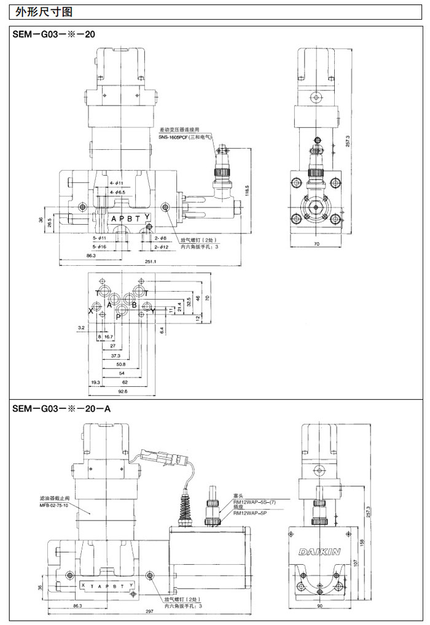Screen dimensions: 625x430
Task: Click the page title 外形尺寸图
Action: pos(40,12)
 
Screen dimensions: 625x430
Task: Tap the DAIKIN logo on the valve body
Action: pos(319,552)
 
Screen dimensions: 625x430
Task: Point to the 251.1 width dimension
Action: pos(150,262)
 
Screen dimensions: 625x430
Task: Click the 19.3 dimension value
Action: pos(95,382)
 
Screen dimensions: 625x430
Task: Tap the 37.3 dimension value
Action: pos(115,355)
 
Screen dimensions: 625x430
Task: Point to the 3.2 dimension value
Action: pos(81,328)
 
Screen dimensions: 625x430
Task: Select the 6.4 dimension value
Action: pos(161,330)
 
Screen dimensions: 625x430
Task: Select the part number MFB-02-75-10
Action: pos(53,505)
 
